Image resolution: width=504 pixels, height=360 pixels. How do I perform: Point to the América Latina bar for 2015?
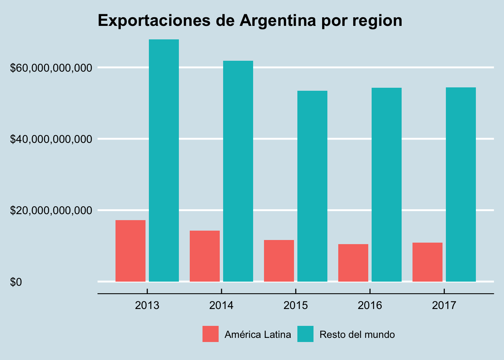click(279, 261)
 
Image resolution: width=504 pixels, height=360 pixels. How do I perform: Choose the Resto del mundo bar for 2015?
click(312, 186)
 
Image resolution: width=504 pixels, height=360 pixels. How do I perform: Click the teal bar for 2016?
click(387, 184)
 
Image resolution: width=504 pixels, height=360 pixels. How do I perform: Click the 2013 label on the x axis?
click(147, 305)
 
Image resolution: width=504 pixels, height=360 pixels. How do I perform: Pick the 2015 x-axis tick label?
click(295, 305)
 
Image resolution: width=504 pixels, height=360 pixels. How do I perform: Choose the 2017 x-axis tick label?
click(444, 305)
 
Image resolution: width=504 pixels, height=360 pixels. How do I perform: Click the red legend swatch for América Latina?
click(210, 334)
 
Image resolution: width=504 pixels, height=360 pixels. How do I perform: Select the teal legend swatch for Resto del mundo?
click(305, 334)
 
